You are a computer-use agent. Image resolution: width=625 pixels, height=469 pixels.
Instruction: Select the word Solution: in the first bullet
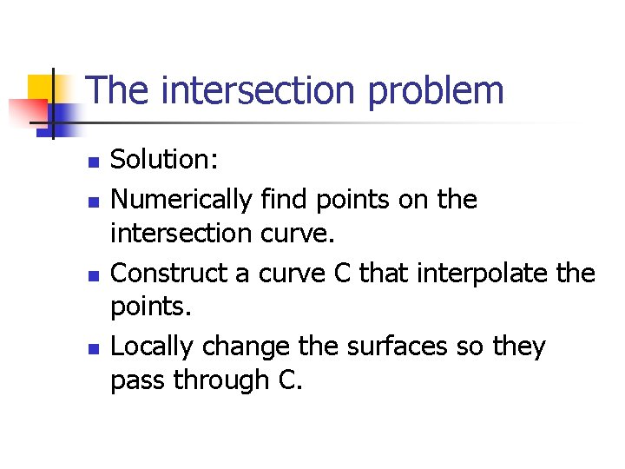click(x=165, y=159)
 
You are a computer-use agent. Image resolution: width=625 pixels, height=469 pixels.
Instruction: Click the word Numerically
click(x=182, y=200)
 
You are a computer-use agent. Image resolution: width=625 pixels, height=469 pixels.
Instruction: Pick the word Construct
click(x=168, y=274)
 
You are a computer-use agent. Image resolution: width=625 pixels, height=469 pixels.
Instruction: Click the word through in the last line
click(x=217, y=380)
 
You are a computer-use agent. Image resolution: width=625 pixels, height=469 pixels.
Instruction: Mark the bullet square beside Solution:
click(x=94, y=162)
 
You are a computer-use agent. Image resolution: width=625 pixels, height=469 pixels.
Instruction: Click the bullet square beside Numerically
click(x=94, y=202)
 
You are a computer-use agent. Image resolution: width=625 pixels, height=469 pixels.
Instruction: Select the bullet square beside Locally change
click(x=94, y=349)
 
